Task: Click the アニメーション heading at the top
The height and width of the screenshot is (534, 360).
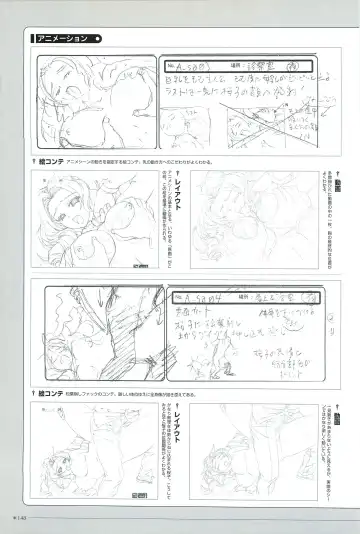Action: [x=62, y=40]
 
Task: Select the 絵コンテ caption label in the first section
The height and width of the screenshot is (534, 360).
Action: [x=56, y=160]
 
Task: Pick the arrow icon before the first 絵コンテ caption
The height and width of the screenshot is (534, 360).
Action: [x=36, y=160]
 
